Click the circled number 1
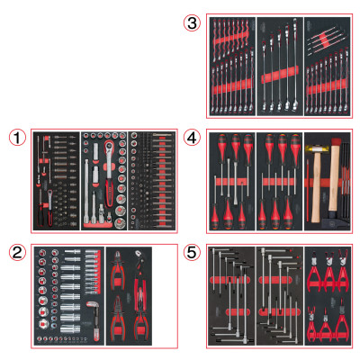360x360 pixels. (x=17, y=139)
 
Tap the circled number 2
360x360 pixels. (x=17, y=253)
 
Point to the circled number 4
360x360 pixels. (x=192, y=139)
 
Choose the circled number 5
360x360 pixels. (x=192, y=253)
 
